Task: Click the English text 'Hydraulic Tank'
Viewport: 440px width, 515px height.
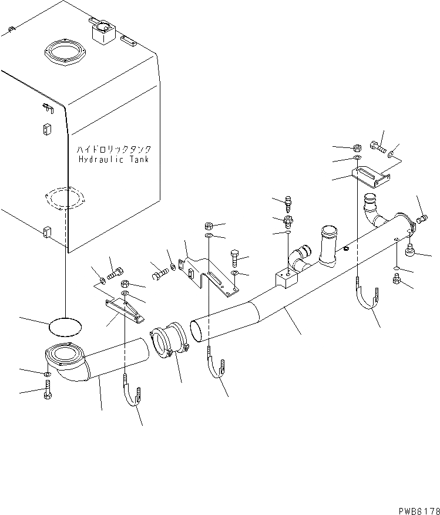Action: tap(113, 159)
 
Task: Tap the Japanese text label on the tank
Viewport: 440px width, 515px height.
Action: tap(113, 150)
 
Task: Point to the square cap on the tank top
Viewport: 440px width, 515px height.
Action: tap(102, 29)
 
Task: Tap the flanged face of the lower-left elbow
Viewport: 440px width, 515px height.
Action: tap(65, 355)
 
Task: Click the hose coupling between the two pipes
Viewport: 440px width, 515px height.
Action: tap(169, 342)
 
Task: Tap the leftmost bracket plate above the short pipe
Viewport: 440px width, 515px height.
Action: tap(125, 308)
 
